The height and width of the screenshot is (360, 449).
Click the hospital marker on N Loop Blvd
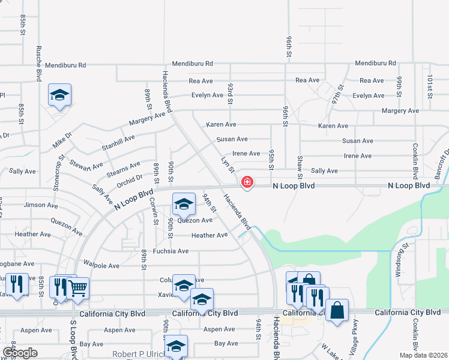(247, 182)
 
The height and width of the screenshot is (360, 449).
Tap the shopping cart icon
(78, 287)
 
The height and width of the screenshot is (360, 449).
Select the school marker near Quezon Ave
(184, 204)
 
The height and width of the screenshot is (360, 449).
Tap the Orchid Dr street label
(130, 178)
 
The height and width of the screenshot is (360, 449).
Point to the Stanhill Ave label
(118, 142)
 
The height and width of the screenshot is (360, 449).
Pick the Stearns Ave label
(123, 168)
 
